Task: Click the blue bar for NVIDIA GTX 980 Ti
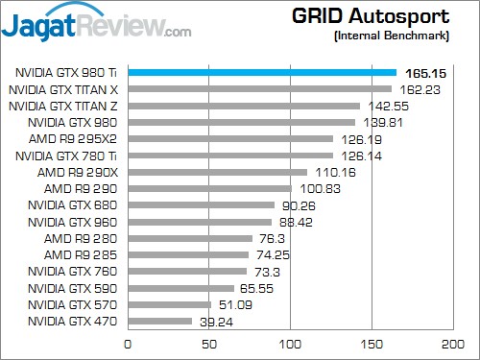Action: [261, 72]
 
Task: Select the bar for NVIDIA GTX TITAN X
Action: [259, 88]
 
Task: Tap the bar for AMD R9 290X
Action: [217, 172]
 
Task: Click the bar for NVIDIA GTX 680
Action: [201, 204]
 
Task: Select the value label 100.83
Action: [318, 188]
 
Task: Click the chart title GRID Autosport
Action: [380, 16]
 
